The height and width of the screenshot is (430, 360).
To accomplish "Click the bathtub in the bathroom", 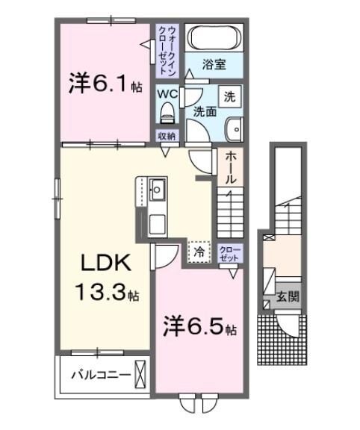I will [x=214, y=37].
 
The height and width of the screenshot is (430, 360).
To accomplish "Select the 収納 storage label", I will [x=167, y=136].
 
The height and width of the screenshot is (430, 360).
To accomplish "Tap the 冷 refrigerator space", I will [x=198, y=252].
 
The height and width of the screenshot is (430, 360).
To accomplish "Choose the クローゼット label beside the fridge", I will [x=230, y=253].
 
